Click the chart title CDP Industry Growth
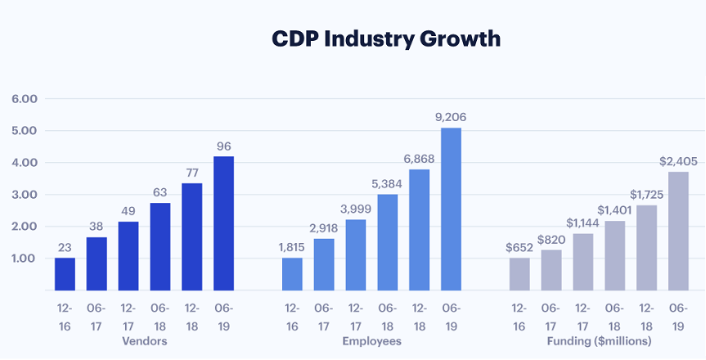pyautogui.click(x=385, y=38)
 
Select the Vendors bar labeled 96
pyautogui.click(x=224, y=223)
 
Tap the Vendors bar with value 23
pyautogui.click(x=65, y=274)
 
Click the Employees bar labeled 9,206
pyautogui.click(x=451, y=209)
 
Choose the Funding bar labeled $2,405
pyautogui.click(x=678, y=231)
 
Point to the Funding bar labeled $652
pyautogui.click(x=519, y=274)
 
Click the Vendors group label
pyautogui.click(x=145, y=340)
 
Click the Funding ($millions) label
pyautogui.click(x=599, y=340)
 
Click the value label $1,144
pyautogui.click(x=582, y=221)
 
